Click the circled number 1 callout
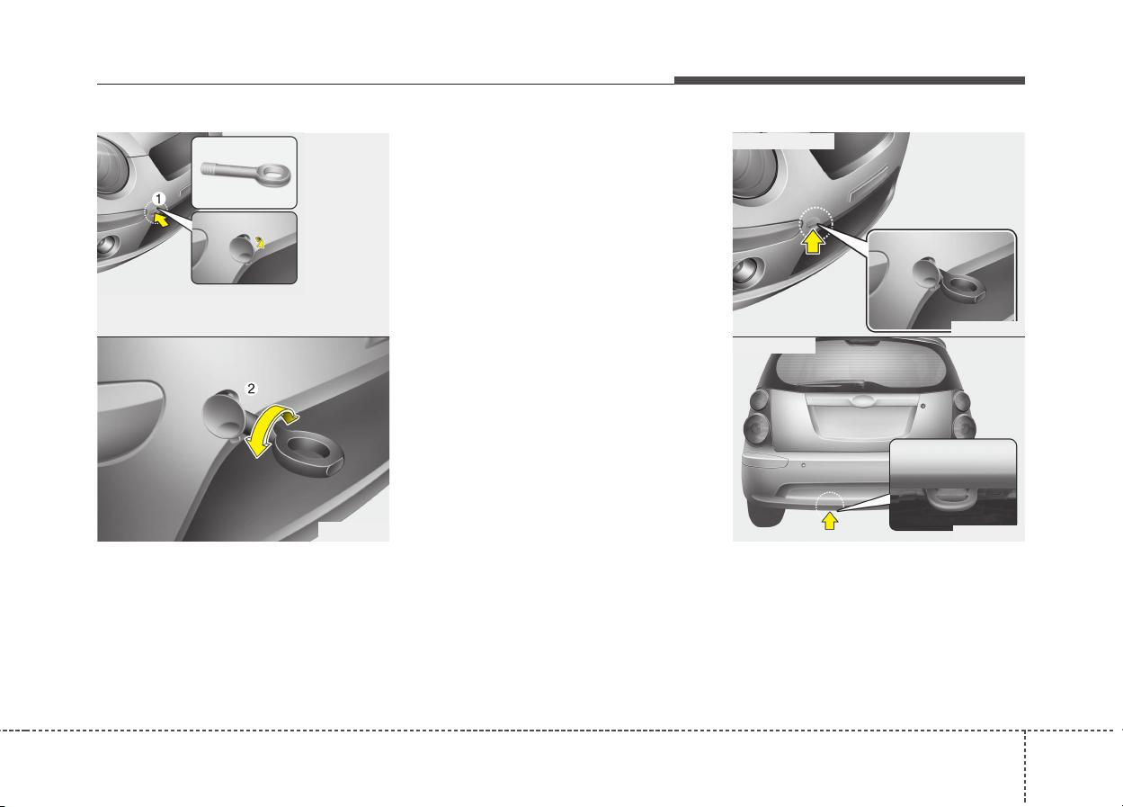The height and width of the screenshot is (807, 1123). click(158, 199)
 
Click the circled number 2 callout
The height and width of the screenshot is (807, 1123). click(251, 388)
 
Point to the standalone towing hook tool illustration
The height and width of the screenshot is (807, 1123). click(245, 171)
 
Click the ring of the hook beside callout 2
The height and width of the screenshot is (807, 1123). click(308, 451)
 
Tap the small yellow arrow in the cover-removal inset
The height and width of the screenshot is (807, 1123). click(259, 242)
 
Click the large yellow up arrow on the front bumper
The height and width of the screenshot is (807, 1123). click(813, 241)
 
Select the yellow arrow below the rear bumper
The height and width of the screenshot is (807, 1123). click(830, 520)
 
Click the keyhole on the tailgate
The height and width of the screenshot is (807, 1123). click(923, 406)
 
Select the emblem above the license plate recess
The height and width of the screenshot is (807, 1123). click(860, 400)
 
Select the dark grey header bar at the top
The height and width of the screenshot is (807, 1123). click(850, 81)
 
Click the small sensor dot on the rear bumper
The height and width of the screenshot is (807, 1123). click(803, 465)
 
